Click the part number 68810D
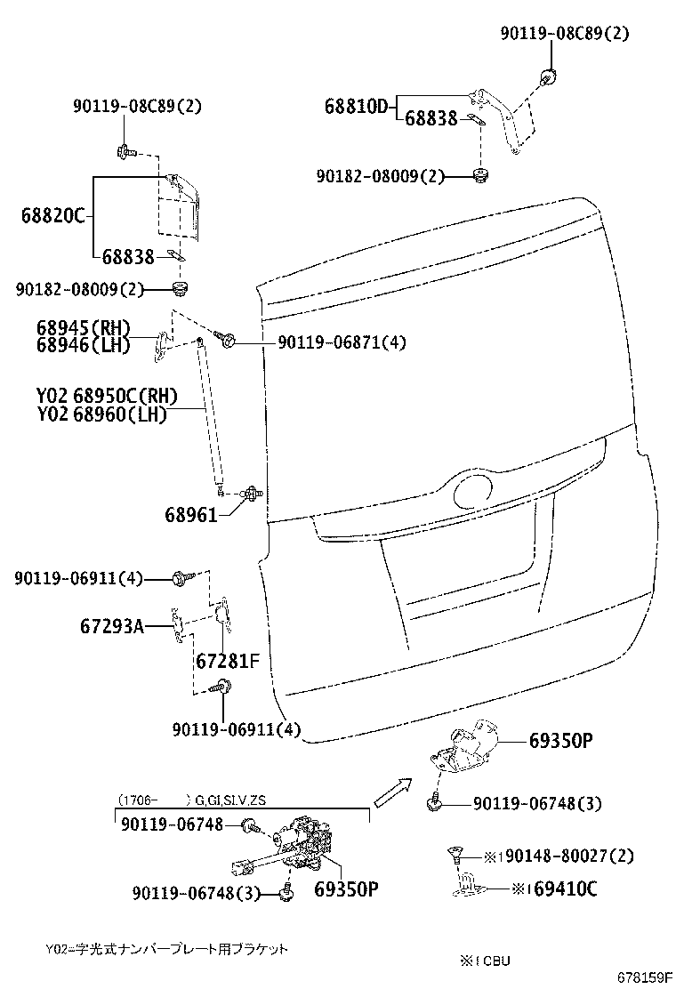click(356, 107)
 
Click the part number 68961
click(190, 514)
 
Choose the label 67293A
click(113, 626)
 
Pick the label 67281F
click(227, 662)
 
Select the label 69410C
click(561, 888)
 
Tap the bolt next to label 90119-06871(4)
click(226, 339)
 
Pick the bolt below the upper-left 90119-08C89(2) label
click(124, 152)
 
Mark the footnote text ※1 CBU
click(485, 960)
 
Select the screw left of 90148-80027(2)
click(455, 856)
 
